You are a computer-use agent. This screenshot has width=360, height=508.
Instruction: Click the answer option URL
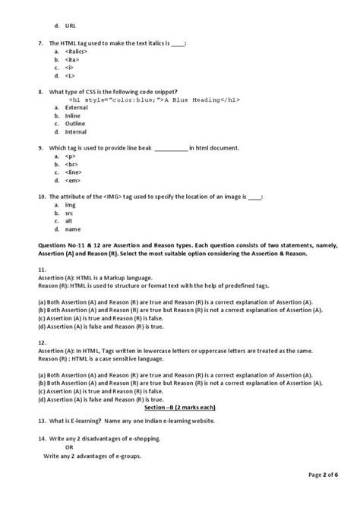pyautogui.click(x=71, y=26)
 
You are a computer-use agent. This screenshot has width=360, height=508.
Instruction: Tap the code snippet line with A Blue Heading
pyautogui.click(x=144, y=100)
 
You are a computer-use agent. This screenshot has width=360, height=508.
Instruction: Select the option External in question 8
pyautogui.click(x=77, y=108)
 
